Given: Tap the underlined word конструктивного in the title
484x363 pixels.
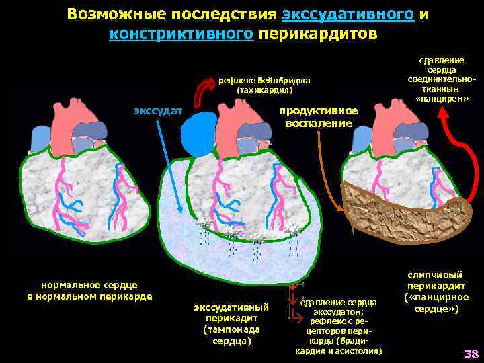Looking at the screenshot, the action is point(181,34).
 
